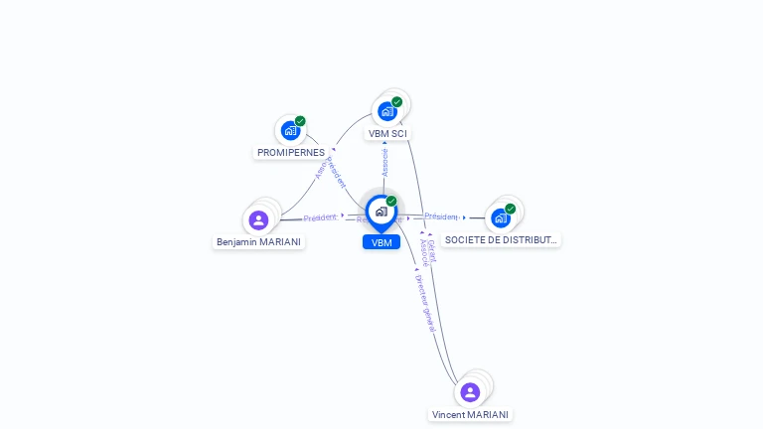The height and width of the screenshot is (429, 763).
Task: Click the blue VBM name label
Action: point(381,242)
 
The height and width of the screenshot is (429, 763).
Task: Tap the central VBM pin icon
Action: point(381,211)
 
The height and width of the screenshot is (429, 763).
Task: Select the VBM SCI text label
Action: point(387,133)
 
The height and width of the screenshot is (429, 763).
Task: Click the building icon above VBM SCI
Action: point(387,111)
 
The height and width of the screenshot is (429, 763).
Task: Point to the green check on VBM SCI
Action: point(396,101)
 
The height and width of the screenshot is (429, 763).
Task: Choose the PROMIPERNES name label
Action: point(291,153)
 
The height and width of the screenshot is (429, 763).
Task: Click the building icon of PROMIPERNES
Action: point(290,130)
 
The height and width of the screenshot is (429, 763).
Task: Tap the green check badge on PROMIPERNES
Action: point(300,121)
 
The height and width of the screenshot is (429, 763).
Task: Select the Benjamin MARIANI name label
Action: point(259,241)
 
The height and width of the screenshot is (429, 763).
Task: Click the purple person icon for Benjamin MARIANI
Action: point(258,219)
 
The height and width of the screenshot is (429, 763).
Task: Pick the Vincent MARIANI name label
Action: point(471,414)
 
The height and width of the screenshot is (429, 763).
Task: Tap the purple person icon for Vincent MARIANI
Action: point(470,392)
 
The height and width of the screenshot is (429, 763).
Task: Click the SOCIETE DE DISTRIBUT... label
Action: point(501,239)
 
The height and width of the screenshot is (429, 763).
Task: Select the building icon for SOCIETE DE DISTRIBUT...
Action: point(500,217)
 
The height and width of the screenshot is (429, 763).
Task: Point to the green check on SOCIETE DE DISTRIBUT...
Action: point(510,209)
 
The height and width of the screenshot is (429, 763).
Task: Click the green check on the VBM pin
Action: point(391,201)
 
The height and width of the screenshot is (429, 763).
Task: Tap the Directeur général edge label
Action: point(424,302)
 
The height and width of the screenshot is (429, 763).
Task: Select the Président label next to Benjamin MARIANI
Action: point(320,217)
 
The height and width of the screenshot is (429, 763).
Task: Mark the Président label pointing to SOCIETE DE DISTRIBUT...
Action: point(441,216)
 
